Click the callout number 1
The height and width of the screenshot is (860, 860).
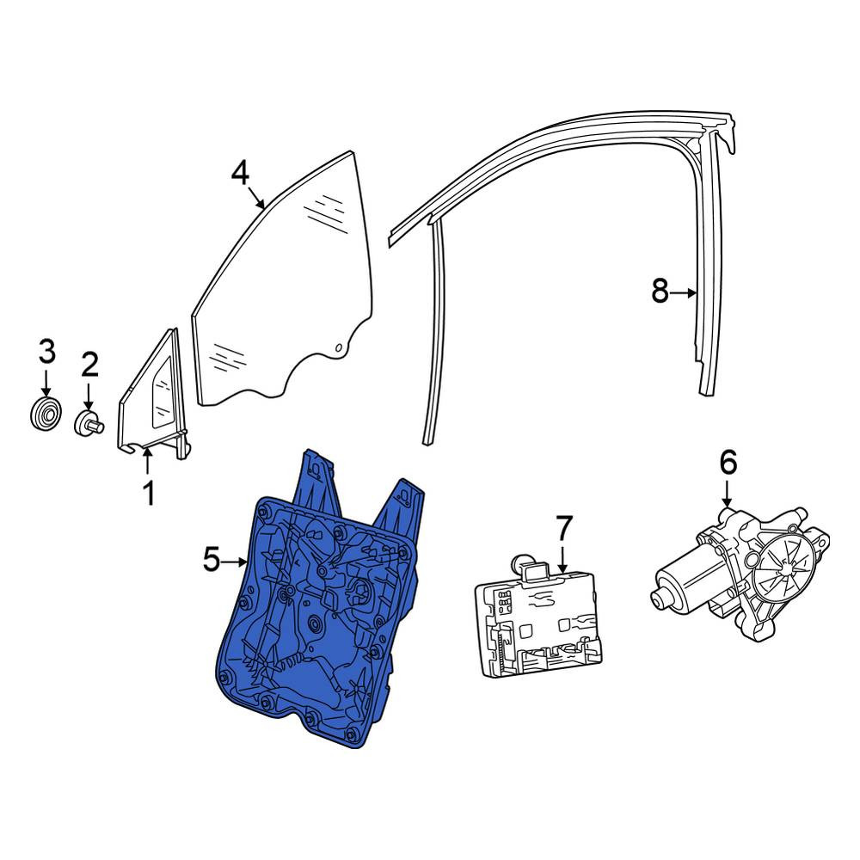(x=148, y=494)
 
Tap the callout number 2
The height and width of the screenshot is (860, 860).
(x=89, y=365)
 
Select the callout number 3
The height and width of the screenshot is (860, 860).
(x=46, y=352)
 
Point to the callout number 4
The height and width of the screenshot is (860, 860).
(x=240, y=174)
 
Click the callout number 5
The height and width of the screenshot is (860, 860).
(x=212, y=561)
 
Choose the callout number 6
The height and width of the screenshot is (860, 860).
(x=728, y=464)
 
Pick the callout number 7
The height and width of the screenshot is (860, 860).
(x=563, y=528)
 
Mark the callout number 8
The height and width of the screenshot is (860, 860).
(x=660, y=292)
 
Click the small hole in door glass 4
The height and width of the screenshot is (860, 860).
(x=339, y=347)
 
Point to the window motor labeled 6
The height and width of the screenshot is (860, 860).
(x=740, y=573)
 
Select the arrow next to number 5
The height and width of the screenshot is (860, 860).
(x=236, y=562)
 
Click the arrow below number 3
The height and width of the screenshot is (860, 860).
(x=46, y=384)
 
